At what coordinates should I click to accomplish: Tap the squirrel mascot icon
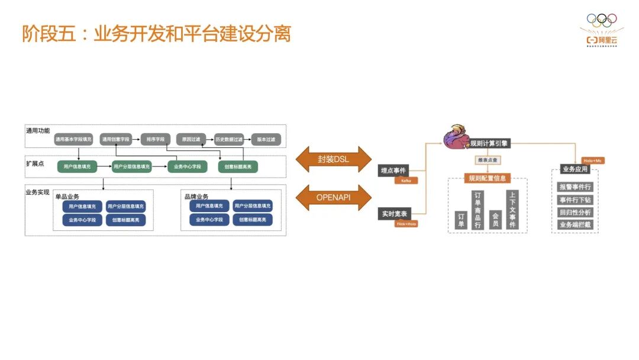[457, 136]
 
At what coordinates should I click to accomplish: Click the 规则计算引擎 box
[488, 143]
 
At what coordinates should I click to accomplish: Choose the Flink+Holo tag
[406, 224]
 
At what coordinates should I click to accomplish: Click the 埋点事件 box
[393, 171]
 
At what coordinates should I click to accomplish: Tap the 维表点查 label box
[488, 160]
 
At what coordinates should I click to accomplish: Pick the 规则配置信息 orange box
[488, 178]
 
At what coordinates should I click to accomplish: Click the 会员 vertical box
[495, 220]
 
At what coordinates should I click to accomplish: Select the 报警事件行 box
[575, 187]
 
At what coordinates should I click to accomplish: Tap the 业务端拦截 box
[575, 224]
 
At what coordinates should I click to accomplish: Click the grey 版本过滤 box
[266, 140]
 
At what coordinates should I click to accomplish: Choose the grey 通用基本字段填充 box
[74, 140]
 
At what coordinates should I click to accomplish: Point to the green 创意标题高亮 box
[238, 167]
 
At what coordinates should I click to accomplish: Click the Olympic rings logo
[601, 20]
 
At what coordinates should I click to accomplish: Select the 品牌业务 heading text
[196, 197]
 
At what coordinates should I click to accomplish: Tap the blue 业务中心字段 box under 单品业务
[82, 220]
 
